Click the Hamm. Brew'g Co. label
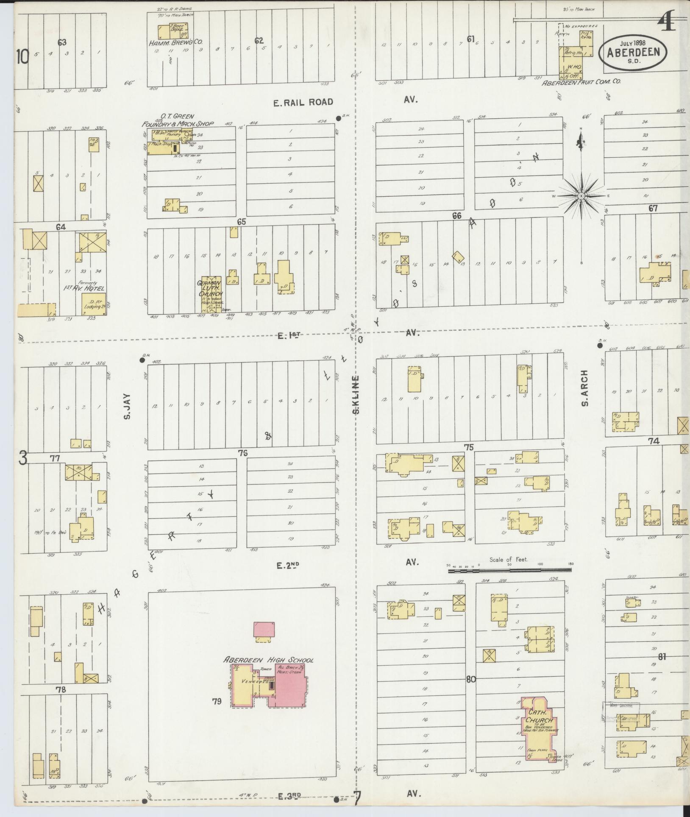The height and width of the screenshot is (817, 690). click(175, 43)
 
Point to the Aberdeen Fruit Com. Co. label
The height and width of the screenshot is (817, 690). click(581, 82)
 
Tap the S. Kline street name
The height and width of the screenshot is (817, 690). click(356, 395)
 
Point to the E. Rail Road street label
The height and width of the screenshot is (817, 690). click(303, 102)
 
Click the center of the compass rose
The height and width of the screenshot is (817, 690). click(581, 196)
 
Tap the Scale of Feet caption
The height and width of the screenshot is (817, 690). click(508, 560)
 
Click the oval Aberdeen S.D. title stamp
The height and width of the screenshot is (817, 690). click(632, 53)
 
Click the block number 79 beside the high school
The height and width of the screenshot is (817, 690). click(217, 713)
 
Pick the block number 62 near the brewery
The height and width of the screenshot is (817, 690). click(259, 41)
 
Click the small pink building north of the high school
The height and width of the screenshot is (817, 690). click(264, 629)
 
